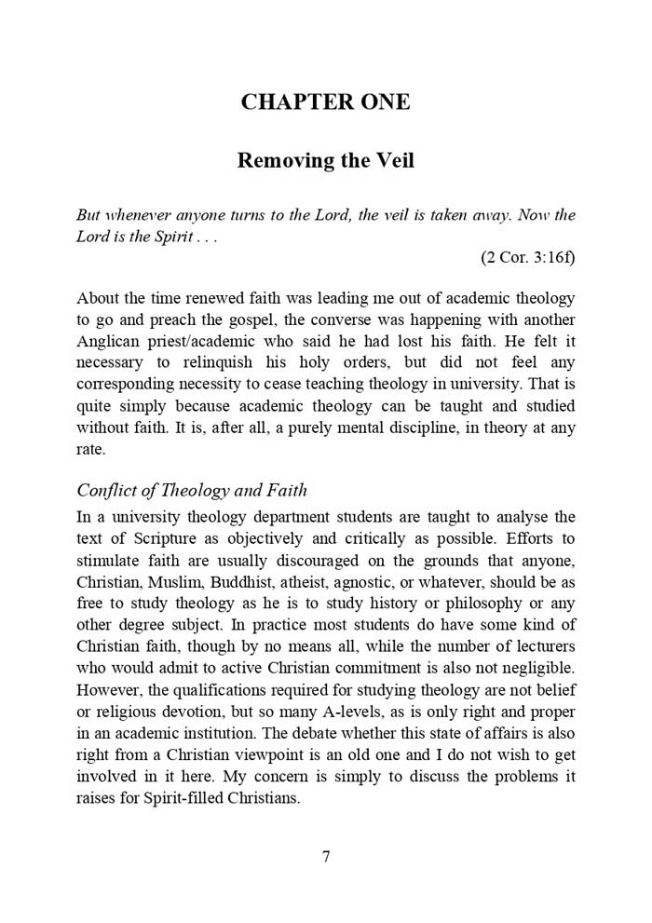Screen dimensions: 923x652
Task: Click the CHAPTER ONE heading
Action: [325, 102]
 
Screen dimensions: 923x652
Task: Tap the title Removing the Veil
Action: [325, 160]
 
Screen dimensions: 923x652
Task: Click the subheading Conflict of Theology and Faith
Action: [192, 491]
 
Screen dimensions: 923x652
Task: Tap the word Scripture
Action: [161, 538]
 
